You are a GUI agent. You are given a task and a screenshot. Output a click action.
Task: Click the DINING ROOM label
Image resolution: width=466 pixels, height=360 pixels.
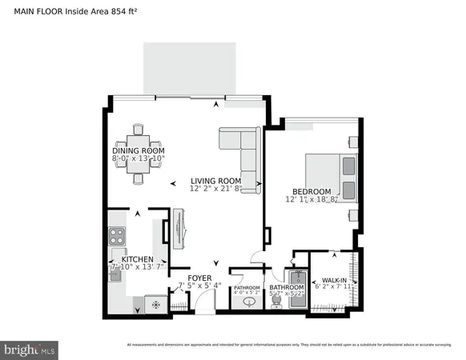tap(138, 151)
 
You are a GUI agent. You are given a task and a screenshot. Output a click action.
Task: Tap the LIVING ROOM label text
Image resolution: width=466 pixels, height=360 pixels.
tap(215, 181)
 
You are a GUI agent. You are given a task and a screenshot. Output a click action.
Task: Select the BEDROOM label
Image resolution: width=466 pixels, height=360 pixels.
tap(311, 191)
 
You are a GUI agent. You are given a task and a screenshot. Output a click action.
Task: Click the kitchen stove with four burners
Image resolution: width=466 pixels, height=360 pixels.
tap(117, 237)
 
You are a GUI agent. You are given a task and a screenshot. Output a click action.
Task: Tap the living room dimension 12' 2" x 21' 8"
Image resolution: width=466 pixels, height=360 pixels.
tap(215, 190)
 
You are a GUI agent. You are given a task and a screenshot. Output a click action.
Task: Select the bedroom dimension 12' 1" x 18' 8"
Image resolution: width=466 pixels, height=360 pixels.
tap(311, 200)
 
